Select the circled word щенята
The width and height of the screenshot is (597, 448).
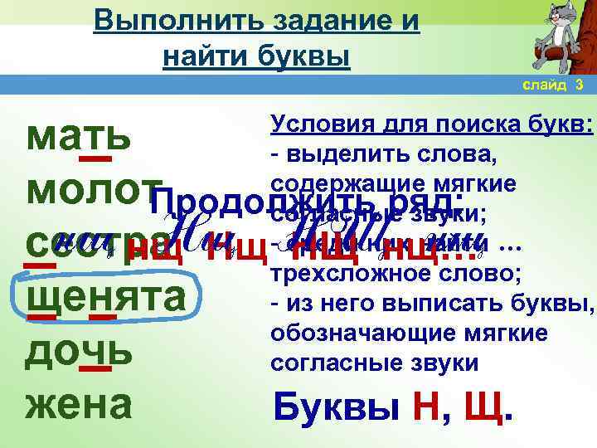pos(105,299)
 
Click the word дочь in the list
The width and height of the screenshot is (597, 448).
pos(79,352)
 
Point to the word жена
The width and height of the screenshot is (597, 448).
pos(78,404)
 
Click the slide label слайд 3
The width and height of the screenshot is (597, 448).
pos(553,85)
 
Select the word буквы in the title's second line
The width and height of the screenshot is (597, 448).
pos(305,56)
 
